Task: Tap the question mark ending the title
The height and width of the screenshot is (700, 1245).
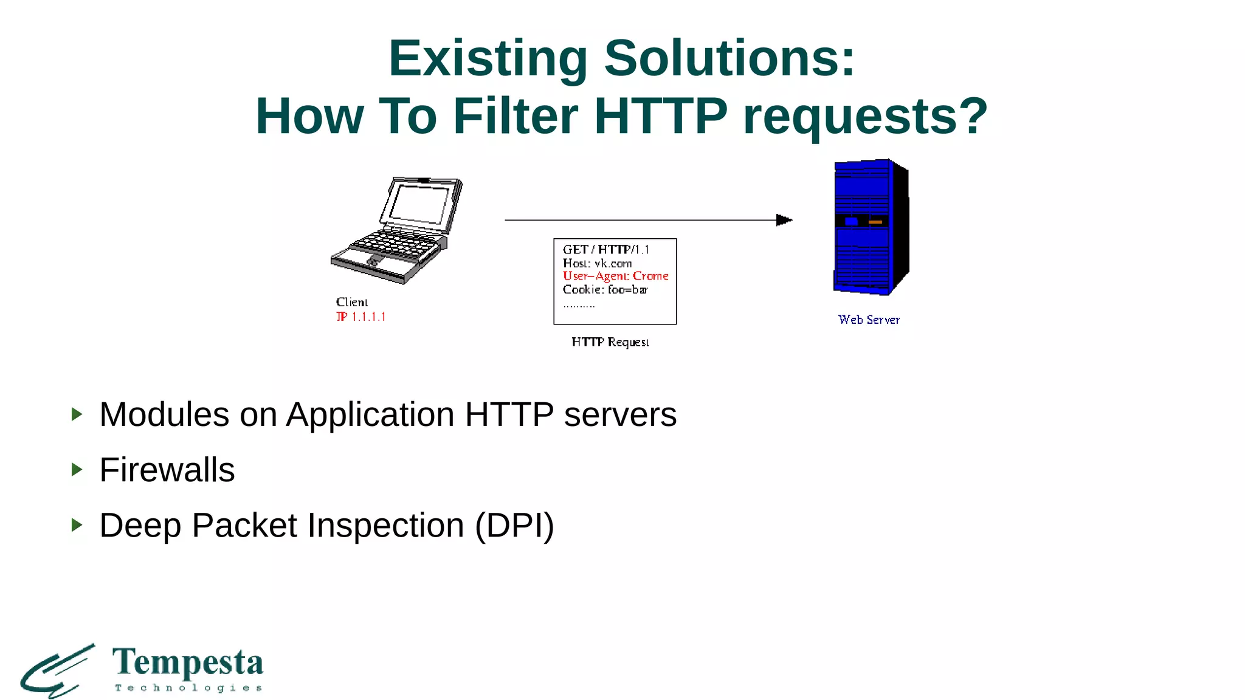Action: (x=972, y=117)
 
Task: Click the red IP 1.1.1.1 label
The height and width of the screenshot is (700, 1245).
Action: (x=360, y=317)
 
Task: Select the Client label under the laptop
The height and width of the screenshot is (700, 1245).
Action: (x=351, y=302)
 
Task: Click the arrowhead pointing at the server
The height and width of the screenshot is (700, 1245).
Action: (x=784, y=220)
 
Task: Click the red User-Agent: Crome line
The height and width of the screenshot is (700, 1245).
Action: (x=615, y=276)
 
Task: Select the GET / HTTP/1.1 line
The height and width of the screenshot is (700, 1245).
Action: (x=605, y=249)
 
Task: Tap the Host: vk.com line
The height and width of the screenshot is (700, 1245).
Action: (x=597, y=263)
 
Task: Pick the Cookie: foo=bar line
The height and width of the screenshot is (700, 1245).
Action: (x=605, y=290)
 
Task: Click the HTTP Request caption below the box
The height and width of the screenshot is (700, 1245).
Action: (x=610, y=342)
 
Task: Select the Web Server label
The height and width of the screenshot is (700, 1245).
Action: (x=868, y=320)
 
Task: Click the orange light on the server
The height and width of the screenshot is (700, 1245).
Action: (x=875, y=222)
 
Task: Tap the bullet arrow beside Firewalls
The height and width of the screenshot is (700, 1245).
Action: (x=77, y=469)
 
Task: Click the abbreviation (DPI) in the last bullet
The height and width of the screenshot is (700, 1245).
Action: (x=514, y=526)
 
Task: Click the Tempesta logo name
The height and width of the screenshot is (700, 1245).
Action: (x=188, y=662)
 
